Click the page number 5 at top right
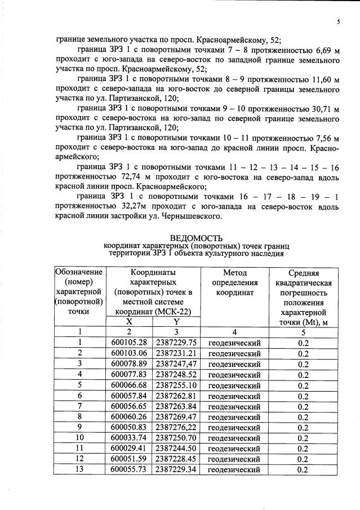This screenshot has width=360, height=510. [x=338, y=22]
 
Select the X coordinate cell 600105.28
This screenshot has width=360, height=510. [x=129, y=342]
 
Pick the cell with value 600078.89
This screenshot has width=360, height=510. [x=129, y=364]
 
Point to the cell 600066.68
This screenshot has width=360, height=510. [x=129, y=385]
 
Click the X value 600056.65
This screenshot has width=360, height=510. [x=129, y=406]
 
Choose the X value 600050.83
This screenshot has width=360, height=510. [x=129, y=427]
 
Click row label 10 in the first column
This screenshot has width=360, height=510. [x=80, y=438]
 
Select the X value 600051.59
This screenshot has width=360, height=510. [x=129, y=459]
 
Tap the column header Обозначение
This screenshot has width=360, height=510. [x=80, y=272]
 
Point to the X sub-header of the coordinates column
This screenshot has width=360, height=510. [x=129, y=321]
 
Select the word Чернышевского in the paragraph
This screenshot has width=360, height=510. [x=202, y=216]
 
